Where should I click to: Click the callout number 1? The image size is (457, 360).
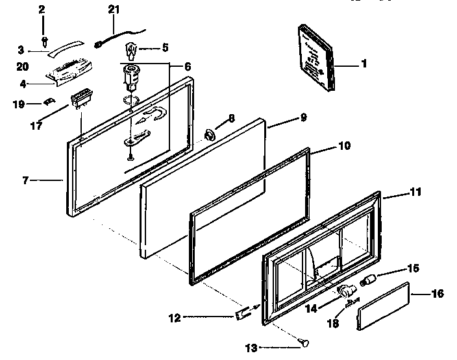pos(364,64)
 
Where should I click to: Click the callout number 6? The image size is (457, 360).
pos(188,66)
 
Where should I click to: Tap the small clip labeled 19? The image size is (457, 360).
pos(49,101)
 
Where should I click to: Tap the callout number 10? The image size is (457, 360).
pos(344,146)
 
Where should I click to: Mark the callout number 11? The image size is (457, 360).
pos(415,192)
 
